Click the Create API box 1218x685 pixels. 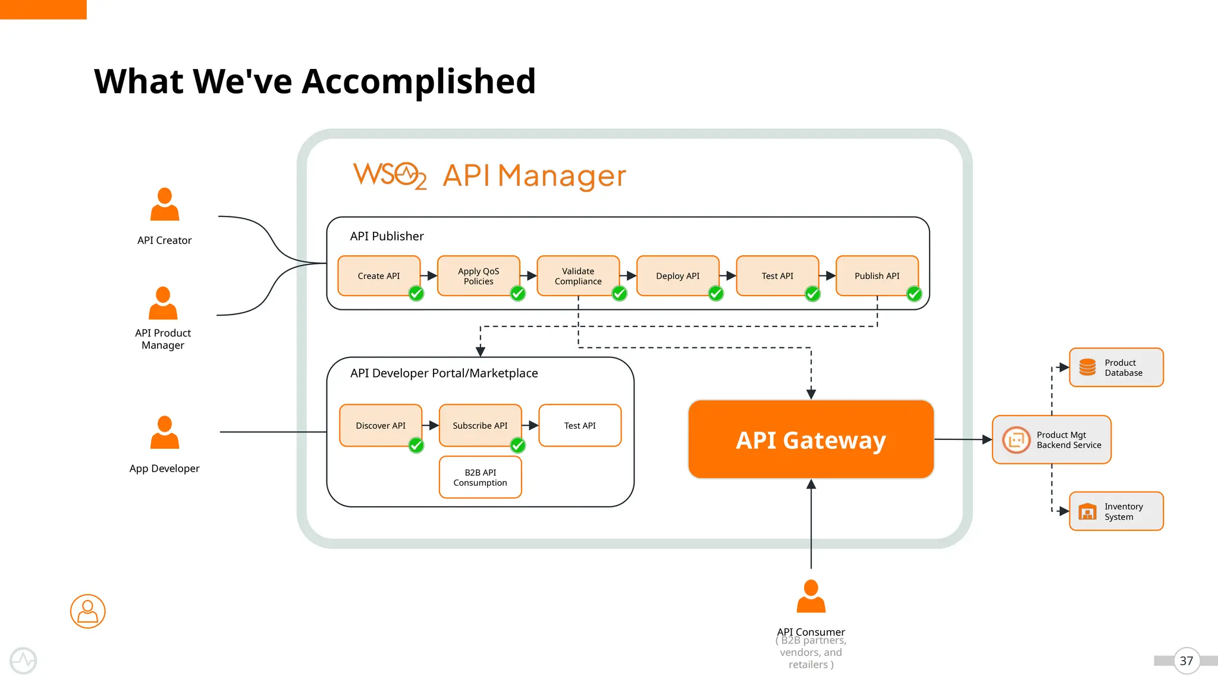(379, 276)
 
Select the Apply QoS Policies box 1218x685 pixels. (478, 276)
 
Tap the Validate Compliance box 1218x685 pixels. (577, 276)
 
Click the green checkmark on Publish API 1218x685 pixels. (914, 294)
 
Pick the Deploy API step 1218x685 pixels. (677, 276)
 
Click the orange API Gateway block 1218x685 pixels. (811, 439)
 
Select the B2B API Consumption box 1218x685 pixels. (480, 477)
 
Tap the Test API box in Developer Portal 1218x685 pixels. (580, 426)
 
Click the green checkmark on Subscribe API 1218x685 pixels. (518, 445)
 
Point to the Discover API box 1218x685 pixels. (381, 426)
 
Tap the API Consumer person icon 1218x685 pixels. (811, 596)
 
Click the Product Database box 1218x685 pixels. (1116, 367)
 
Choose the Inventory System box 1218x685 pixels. (1116, 511)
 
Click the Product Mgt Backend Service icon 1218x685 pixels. (1016, 440)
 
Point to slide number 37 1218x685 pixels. (1186, 661)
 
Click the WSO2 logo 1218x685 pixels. (390, 175)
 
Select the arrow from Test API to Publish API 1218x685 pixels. (827, 276)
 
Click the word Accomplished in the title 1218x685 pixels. (419, 81)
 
